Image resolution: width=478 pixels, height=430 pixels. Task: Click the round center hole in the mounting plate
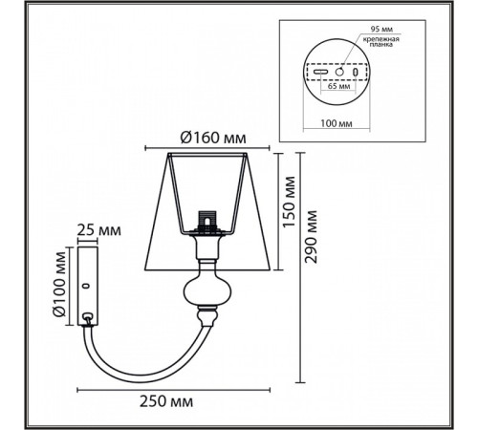pos(337,73)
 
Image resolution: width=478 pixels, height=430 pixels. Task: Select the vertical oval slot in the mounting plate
pos(356,73)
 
